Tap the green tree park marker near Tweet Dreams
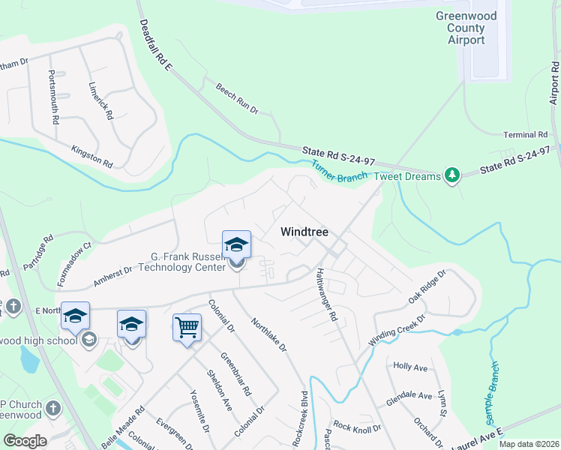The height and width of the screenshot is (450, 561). coord(451,175)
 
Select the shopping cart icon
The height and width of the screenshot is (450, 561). coord(187,327)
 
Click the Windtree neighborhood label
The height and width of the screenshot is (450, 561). coord(304,232)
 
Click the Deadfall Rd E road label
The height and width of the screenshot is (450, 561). coord(155,46)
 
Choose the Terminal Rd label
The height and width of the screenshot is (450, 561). coord(524,134)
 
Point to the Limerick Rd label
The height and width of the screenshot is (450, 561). coord(100,100)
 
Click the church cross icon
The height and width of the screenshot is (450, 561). coord(52,409)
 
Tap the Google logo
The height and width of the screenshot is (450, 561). coord(25,441)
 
